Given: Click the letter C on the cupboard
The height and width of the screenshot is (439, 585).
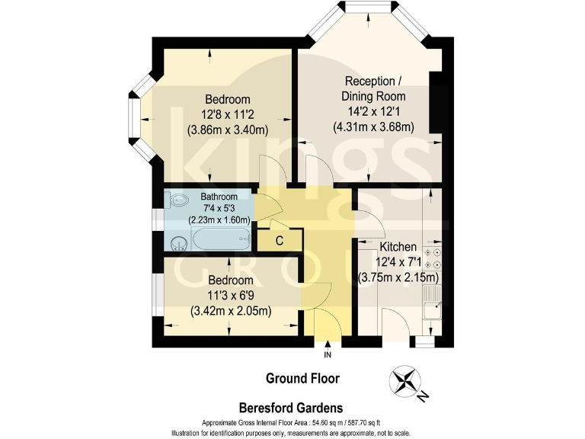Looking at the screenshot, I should pos(280,241).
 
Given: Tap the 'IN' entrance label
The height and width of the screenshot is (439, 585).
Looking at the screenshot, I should pos(328,355).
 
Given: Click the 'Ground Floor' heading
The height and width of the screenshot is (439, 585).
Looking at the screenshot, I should pos(302,378).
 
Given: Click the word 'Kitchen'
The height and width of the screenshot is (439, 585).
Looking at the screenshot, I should pos(398,247).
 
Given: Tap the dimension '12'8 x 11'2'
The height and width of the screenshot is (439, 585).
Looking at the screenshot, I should pos(236,114).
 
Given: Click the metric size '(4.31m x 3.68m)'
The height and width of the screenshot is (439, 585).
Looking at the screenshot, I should pos(373,127).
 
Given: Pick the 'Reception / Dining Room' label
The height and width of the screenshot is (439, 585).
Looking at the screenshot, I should pos(373,88).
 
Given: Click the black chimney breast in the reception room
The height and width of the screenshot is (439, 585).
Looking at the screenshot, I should pos(438,104).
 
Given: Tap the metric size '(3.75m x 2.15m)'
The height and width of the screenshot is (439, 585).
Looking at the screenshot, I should pos(398,277).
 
